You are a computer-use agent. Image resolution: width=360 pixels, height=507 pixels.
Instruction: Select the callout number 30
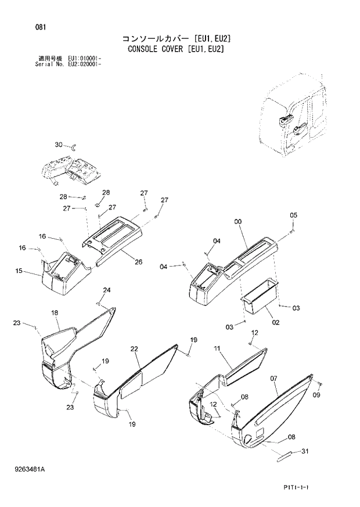pyautogui.click(x=58, y=144)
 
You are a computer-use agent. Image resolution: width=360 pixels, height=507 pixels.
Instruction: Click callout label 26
pyautogui.click(x=138, y=262)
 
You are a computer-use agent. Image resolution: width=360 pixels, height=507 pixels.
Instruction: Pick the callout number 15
pyautogui.click(x=19, y=271)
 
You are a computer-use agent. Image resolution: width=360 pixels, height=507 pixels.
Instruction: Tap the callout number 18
pyautogui.click(x=55, y=313)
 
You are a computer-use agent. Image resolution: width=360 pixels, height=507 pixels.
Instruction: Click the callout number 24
pyautogui.click(x=107, y=290)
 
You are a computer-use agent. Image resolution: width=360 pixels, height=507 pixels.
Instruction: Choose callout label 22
pyautogui.click(x=134, y=349)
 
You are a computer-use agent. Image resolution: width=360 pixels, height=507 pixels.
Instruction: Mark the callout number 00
pyautogui.click(x=237, y=221)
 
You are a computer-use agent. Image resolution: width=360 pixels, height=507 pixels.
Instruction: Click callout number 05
pyautogui.click(x=293, y=215)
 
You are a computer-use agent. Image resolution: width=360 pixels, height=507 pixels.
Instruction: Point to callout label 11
pyautogui.click(x=217, y=348)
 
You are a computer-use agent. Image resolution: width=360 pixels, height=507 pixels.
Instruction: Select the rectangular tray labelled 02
pyautogui.click(x=257, y=293)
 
